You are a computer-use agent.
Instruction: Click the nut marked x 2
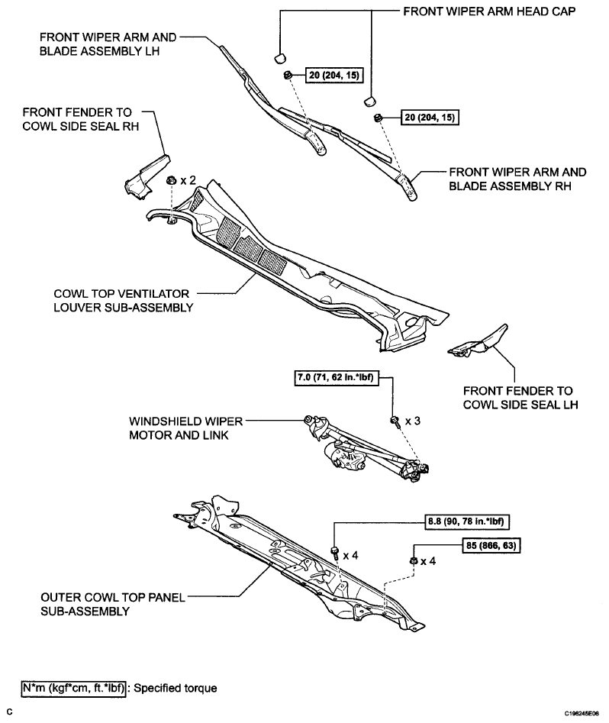172,181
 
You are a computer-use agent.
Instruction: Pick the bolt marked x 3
395,421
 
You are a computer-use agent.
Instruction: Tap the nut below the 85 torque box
413,561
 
